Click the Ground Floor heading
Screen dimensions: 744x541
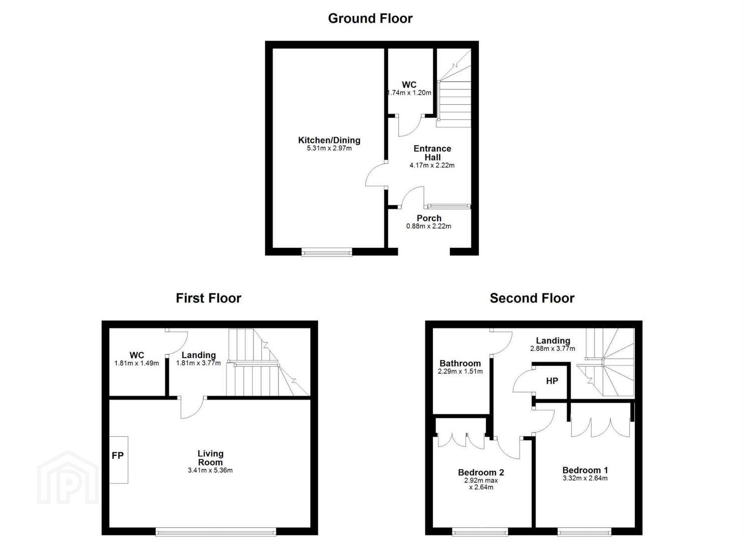370,18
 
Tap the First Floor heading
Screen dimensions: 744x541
208,298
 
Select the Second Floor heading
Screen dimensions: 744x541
532,298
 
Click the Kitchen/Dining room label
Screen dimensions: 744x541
329,140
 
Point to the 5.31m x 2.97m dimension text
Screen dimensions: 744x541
329,148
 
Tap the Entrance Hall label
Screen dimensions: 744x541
432,153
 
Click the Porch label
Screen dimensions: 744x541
429,218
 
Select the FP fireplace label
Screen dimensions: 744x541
118,455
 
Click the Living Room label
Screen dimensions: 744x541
210,458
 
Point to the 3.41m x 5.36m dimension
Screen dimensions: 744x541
210,470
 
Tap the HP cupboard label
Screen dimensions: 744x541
552,381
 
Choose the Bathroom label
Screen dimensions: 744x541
460,363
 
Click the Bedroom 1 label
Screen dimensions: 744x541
585,470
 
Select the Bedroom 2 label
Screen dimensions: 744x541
481,472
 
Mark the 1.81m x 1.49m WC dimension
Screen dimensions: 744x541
136,363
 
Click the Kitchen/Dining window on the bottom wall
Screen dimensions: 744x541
327,253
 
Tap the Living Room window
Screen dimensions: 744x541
216,532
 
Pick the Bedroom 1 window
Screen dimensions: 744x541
585,532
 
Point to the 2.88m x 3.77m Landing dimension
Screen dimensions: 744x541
553,349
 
